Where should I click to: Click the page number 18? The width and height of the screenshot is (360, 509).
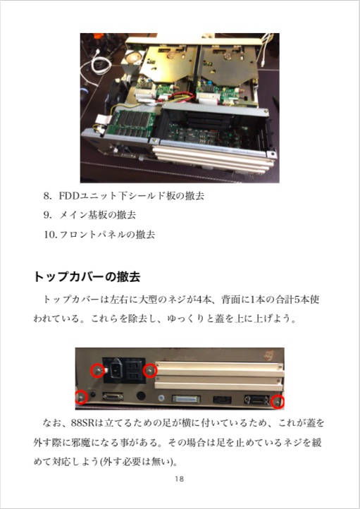[x=179, y=479]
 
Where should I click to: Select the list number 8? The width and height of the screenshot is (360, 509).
[x=48, y=195]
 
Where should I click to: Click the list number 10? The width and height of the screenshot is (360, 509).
[x=49, y=233]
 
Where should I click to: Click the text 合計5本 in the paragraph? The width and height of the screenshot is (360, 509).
[x=282, y=299]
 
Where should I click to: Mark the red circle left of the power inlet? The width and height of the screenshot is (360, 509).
[x=97, y=370]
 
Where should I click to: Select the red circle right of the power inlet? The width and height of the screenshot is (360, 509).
[x=149, y=370]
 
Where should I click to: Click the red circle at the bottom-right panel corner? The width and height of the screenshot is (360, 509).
[x=278, y=403]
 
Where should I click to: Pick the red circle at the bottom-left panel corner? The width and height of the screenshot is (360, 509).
[x=82, y=398]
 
